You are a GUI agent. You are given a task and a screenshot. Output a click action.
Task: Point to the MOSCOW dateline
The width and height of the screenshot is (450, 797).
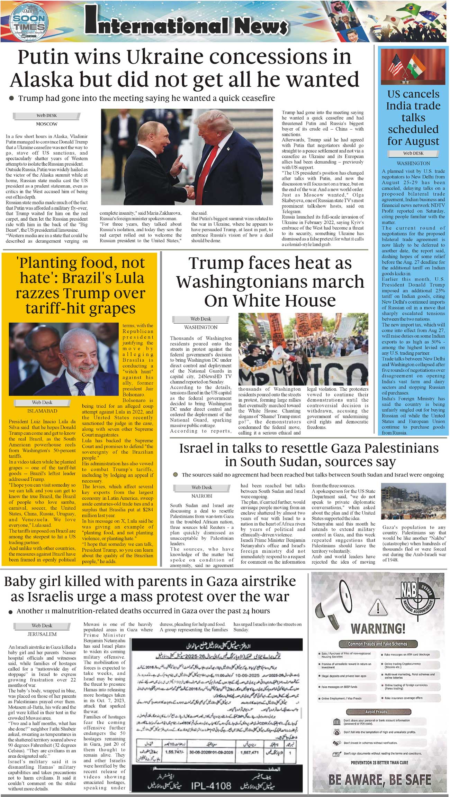click(47, 124)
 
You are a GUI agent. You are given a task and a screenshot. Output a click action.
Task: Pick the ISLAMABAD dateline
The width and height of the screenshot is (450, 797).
click(42, 411)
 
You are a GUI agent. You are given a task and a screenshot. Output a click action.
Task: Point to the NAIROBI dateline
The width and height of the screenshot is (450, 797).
click(202, 496)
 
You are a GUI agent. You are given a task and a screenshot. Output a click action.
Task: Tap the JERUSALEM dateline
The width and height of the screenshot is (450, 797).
click(42, 634)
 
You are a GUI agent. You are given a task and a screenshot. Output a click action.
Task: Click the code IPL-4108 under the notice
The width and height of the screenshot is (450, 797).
click(211, 786)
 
